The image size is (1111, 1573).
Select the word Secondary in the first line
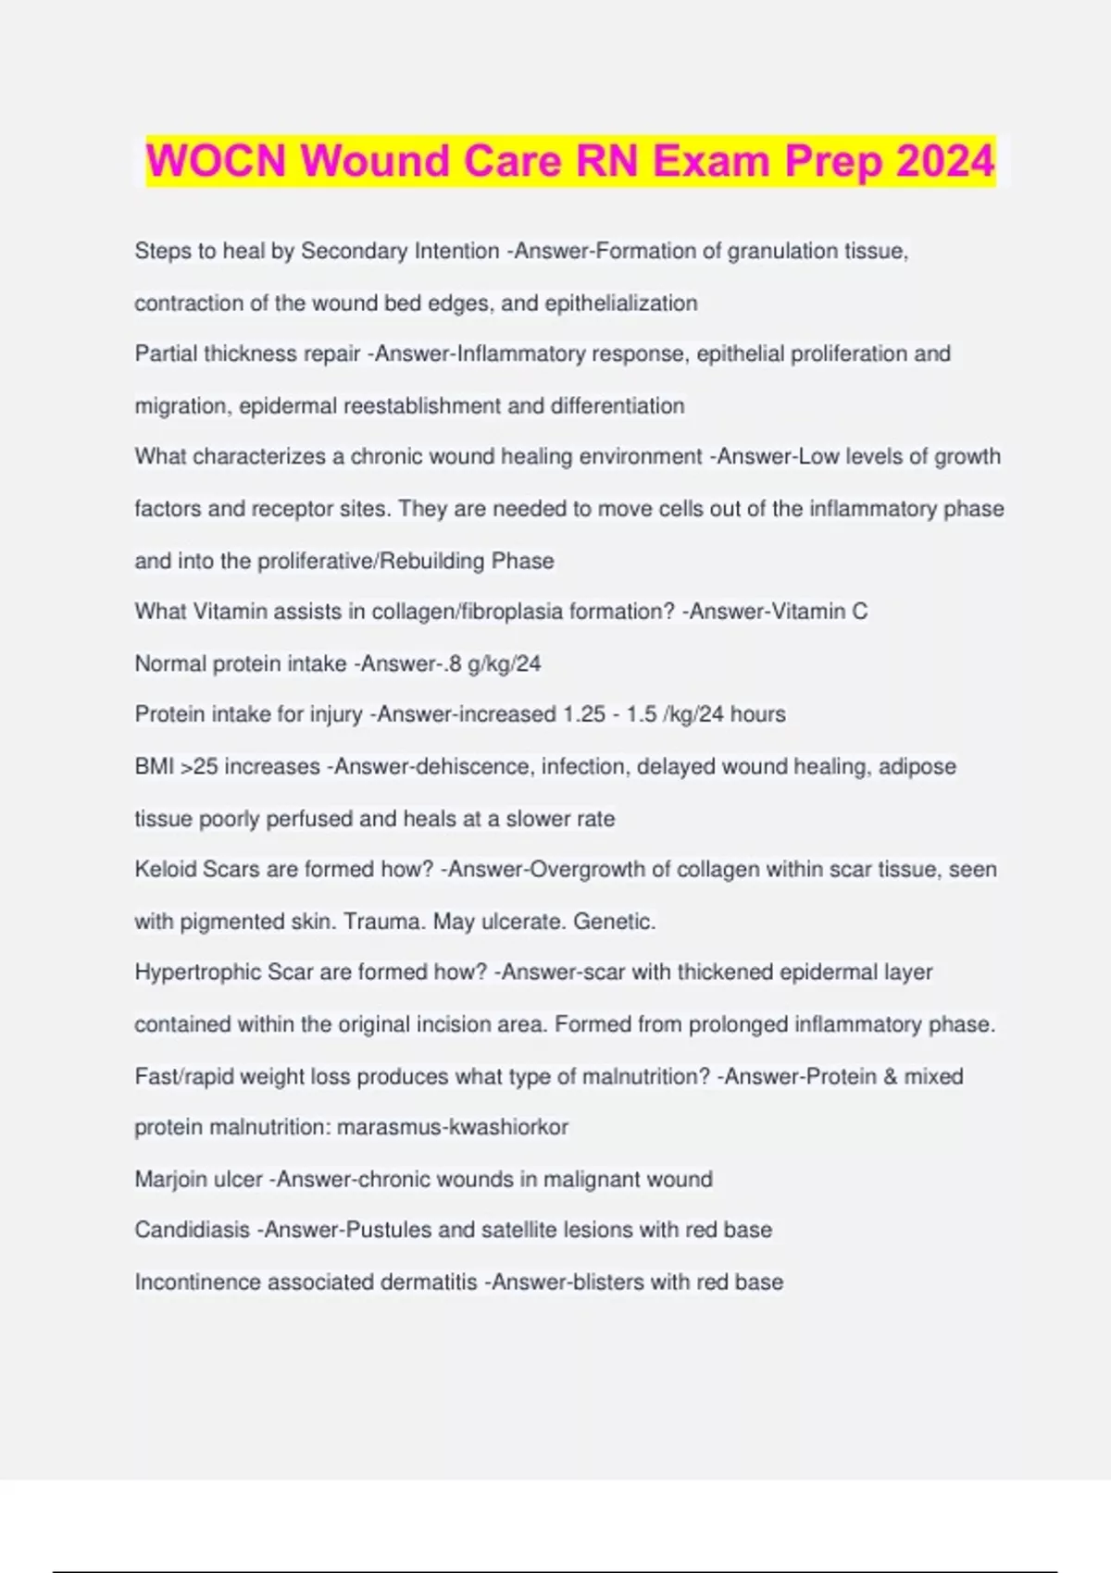[354, 251]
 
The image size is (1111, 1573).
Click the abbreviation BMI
[155, 766]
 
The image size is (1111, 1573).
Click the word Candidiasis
[192, 1230]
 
